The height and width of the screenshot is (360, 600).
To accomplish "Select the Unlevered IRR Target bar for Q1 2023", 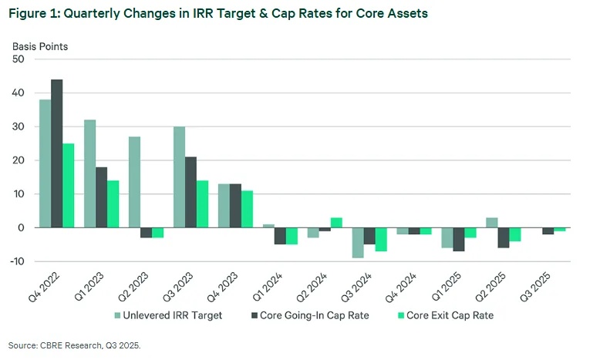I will point(89,173).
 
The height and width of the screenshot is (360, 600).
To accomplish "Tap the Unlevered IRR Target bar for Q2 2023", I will point(134,182).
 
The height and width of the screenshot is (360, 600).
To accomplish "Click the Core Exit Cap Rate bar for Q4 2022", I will point(69,185).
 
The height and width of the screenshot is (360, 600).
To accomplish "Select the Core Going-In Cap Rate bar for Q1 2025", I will point(458,239).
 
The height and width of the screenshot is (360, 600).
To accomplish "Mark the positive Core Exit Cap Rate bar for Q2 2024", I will point(336,223).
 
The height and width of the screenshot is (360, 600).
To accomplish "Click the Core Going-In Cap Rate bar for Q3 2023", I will point(190,192).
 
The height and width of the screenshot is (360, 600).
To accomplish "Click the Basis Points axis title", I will point(40,46).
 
